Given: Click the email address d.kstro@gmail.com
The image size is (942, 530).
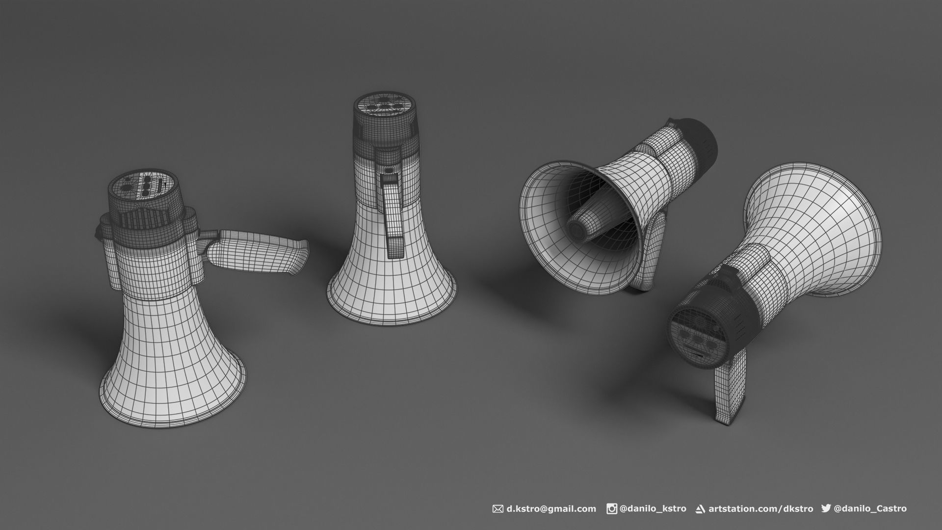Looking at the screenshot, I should point(551,509).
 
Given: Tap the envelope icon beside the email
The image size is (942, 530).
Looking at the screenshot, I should point(497,509).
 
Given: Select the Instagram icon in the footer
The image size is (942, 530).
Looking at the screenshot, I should point(612,509).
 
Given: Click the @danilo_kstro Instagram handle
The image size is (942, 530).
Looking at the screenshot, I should point(653,509).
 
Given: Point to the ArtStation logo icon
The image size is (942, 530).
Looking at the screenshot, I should point(701,509).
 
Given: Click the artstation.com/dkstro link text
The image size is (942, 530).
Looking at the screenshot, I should point(760,509).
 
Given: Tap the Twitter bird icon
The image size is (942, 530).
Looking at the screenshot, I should point(826,508).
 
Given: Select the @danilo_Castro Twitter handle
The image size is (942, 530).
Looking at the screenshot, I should point(870,509).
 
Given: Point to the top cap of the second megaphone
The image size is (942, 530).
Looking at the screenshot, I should point(386,104).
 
